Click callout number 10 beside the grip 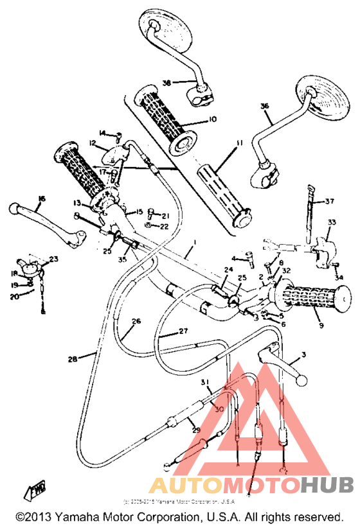213,119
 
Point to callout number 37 329,202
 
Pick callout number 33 332,222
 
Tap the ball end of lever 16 15,209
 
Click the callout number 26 135,321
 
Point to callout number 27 183,332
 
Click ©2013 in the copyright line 31,516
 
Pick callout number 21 165,215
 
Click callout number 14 102,132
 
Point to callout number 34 339,277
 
